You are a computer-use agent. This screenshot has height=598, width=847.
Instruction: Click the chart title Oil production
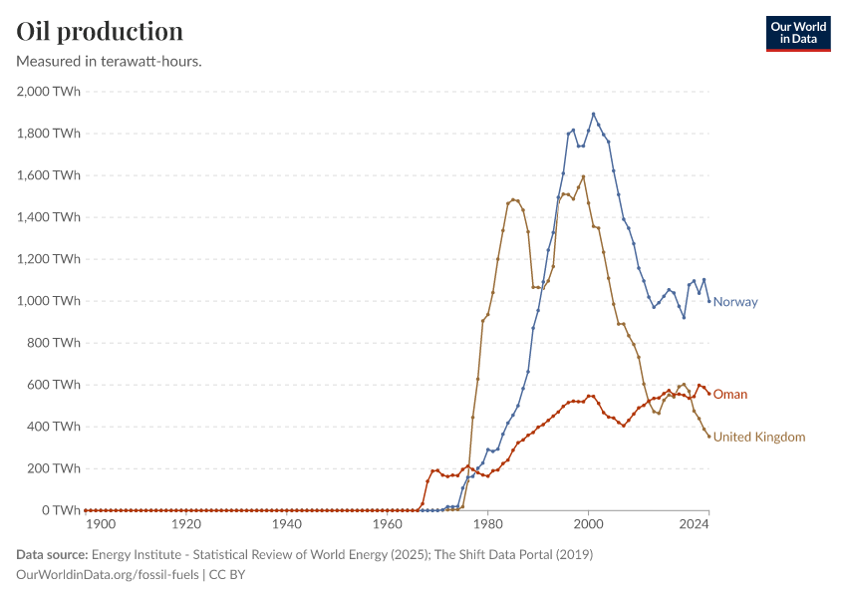(100, 31)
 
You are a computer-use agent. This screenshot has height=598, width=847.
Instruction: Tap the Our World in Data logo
(797, 33)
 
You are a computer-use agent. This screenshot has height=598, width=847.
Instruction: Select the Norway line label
(735, 302)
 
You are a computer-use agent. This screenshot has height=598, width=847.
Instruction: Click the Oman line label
(729, 395)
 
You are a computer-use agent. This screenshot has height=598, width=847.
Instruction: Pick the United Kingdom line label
(758, 437)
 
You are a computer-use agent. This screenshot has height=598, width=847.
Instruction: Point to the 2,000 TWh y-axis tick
(49, 92)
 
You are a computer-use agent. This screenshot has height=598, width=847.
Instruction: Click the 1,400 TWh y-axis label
(49, 217)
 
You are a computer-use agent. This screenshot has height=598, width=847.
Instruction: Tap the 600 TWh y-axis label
(55, 385)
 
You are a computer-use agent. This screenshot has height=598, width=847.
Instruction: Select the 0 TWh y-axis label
(61, 510)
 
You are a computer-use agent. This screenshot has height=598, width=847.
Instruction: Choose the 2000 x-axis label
(589, 523)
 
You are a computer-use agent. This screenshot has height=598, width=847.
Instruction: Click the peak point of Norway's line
(594, 114)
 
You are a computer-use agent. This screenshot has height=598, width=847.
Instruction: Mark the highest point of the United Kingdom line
(583, 177)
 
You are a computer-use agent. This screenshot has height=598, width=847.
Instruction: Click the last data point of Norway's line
(708, 301)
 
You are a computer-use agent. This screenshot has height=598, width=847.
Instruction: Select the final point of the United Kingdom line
(708, 437)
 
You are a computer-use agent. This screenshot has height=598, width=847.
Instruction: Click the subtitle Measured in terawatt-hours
(110, 61)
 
